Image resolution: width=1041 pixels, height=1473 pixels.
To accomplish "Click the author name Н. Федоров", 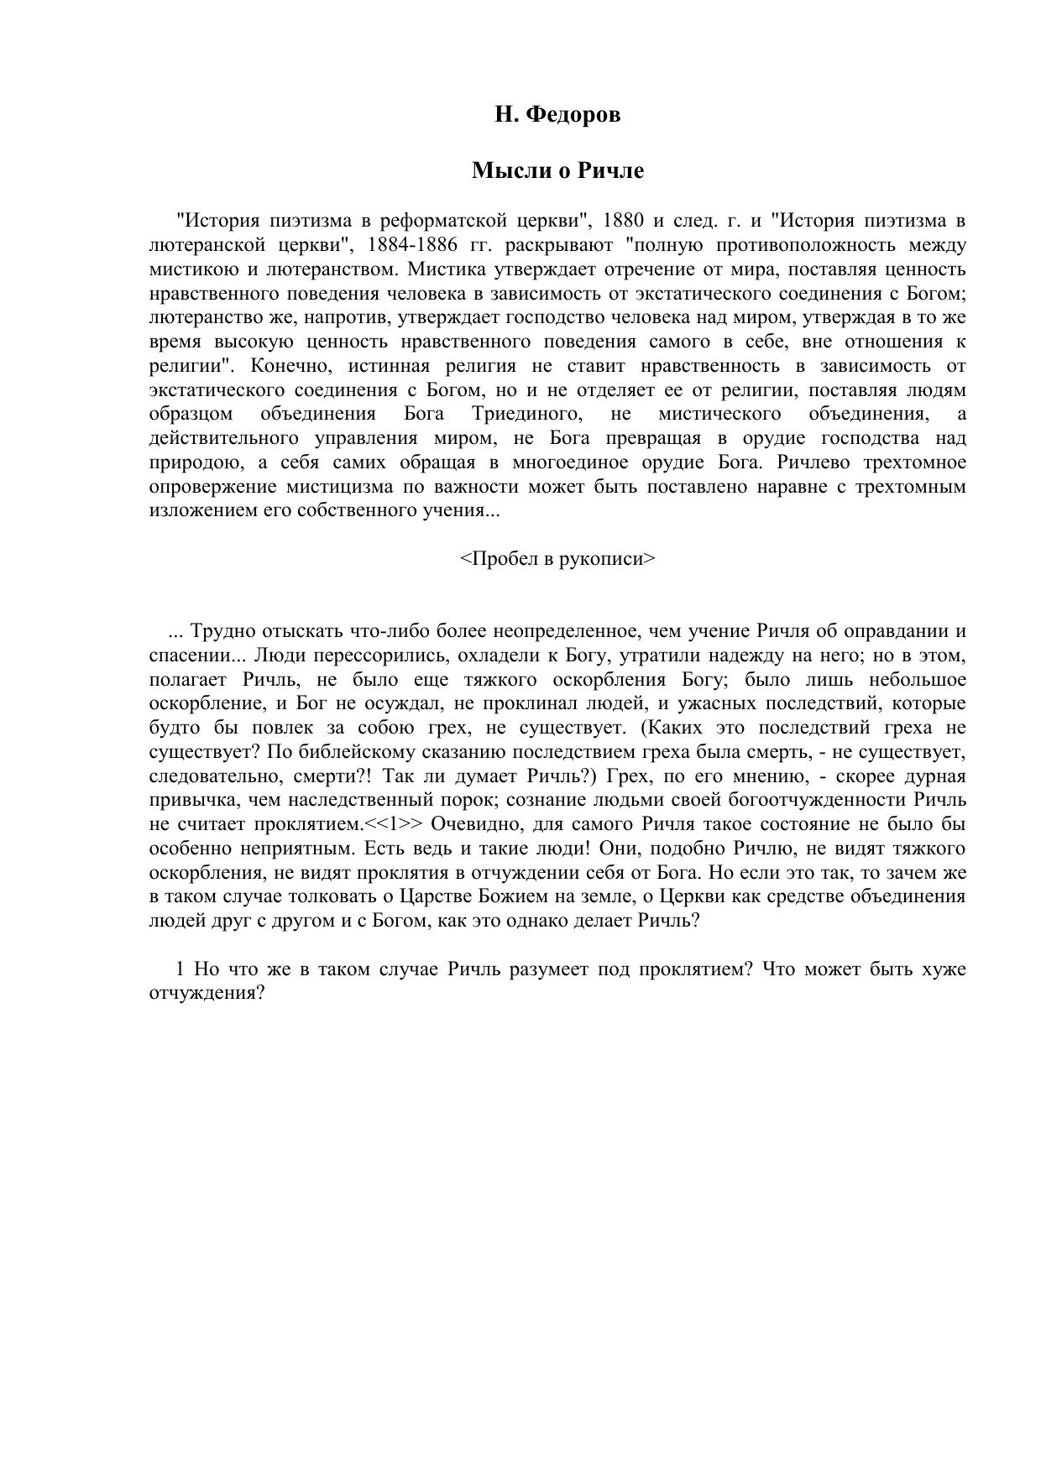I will coord(557,115).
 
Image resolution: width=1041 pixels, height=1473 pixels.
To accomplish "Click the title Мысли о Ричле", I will coord(557,171).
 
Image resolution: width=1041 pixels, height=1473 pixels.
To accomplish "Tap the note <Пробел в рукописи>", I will coord(557,559).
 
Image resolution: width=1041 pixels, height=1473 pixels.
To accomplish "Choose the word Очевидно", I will coord(479,823).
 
